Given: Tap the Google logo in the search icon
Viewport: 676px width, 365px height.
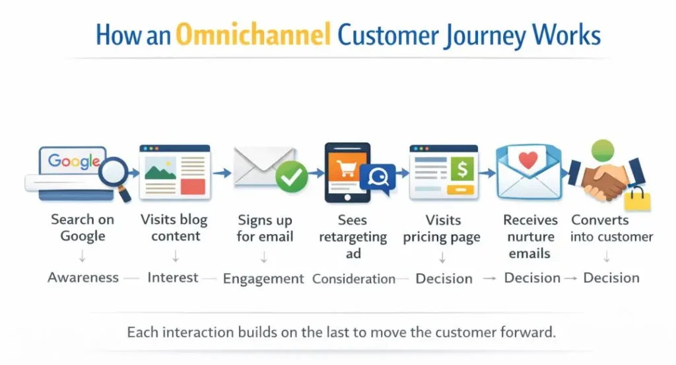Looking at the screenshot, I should (x=74, y=161).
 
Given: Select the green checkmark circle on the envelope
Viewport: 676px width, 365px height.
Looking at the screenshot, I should (x=291, y=177).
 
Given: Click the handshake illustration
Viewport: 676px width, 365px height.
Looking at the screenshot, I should (x=605, y=179).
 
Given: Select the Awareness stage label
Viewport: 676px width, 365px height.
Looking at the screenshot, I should (x=83, y=278).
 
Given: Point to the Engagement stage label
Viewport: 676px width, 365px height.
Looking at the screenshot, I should (x=263, y=278).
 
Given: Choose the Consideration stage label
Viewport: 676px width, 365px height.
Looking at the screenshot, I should (x=353, y=278).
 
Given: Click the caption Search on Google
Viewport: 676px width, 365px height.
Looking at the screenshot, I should (x=83, y=227).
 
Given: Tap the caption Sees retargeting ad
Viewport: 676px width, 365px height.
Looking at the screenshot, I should (x=353, y=237).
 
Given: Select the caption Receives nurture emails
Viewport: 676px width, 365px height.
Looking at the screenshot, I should (x=530, y=236).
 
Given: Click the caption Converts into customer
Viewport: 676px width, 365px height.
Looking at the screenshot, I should (x=611, y=228).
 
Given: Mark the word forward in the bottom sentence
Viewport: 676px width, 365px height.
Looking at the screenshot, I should (x=527, y=332).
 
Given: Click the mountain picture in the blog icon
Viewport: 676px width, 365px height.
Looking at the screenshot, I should (x=160, y=171).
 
